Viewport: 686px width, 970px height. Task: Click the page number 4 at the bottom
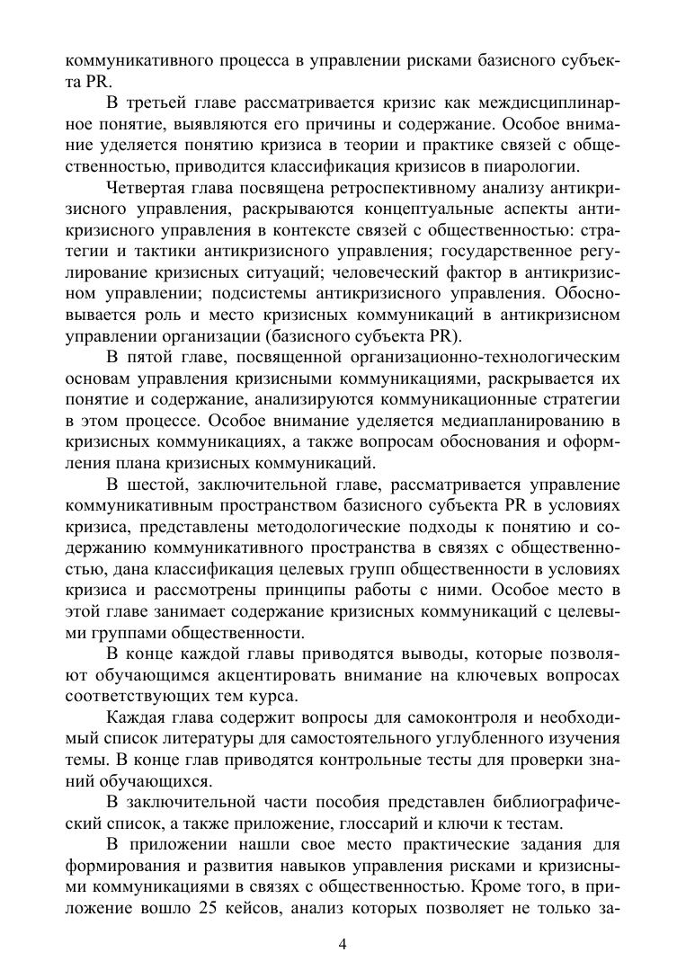click(x=343, y=943)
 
